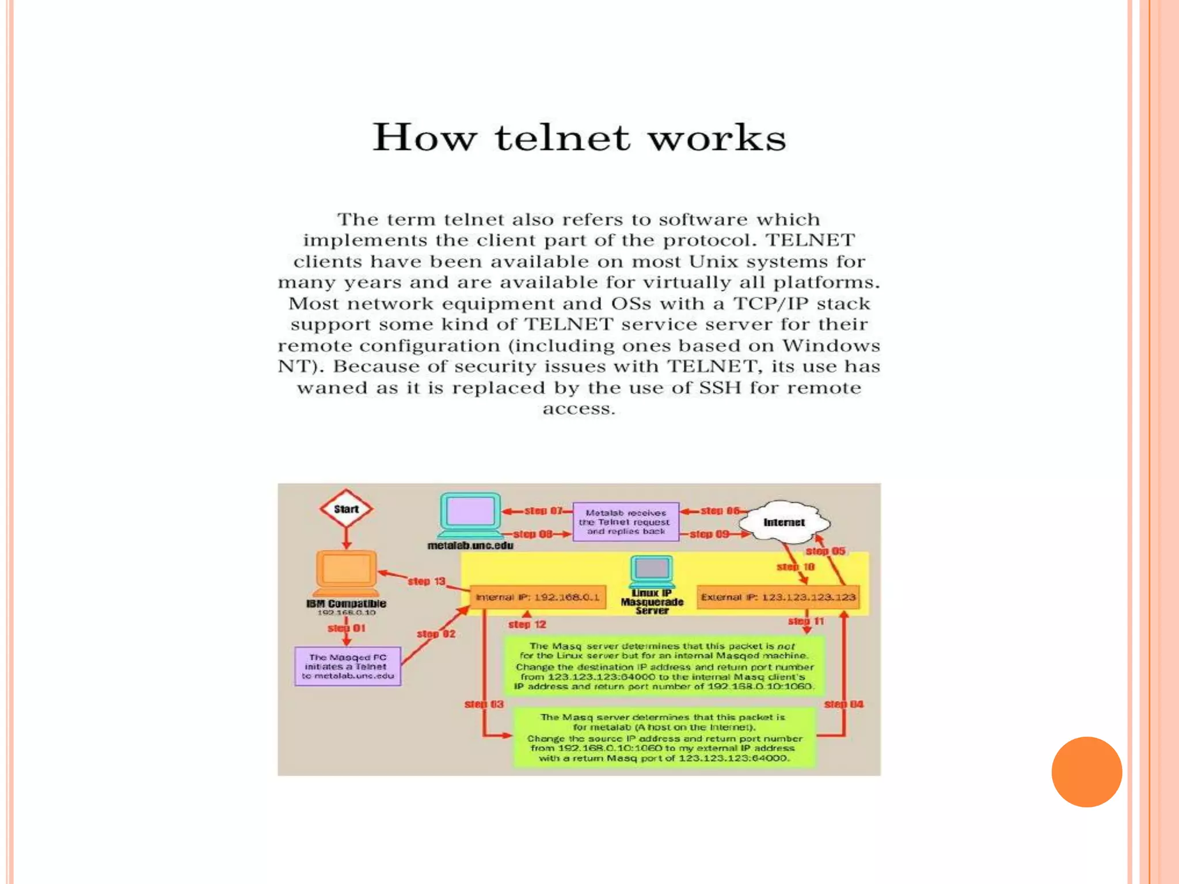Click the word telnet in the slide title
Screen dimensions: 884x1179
(x=562, y=138)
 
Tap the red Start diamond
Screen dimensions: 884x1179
(x=346, y=509)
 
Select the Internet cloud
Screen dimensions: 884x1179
(x=784, y=522)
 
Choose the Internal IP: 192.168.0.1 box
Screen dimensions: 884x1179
(x=538, y=597)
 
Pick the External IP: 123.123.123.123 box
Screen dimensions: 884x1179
(x=778, y=597)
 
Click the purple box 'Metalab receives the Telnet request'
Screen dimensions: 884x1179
(x=626, y=522)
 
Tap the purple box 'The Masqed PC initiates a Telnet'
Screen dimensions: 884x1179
(x=348, y=666)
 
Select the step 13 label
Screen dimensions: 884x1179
(x=427, y=581)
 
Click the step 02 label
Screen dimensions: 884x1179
(x=436, y=634)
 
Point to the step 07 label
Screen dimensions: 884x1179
(x=543, y=510)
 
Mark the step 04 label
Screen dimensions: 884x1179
(x=843, y=704)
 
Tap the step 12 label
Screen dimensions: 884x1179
(x=527, y=624)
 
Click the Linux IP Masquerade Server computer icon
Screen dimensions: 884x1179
(x=652, y=570)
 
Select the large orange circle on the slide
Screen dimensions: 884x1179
(x=1086, y=772)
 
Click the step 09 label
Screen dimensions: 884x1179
(x=709, y=534)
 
